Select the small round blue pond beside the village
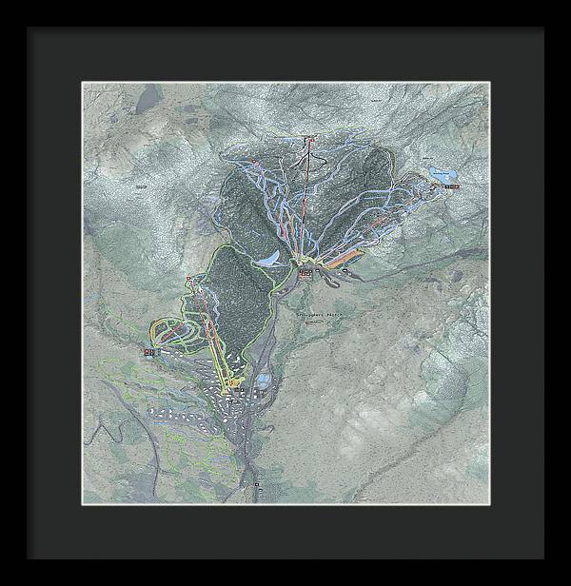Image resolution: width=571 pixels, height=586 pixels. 264,382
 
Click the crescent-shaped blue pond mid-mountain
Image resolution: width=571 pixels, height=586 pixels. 271,259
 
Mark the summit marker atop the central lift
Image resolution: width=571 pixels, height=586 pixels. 308,141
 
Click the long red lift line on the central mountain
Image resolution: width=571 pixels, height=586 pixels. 305,200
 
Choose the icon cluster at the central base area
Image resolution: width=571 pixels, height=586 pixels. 305,273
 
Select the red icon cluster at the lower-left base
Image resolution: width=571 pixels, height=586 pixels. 150,352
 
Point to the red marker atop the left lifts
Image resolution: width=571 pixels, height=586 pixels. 191,279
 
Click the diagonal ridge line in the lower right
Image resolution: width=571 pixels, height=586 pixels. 409,447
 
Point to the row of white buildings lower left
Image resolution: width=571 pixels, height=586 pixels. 171,411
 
